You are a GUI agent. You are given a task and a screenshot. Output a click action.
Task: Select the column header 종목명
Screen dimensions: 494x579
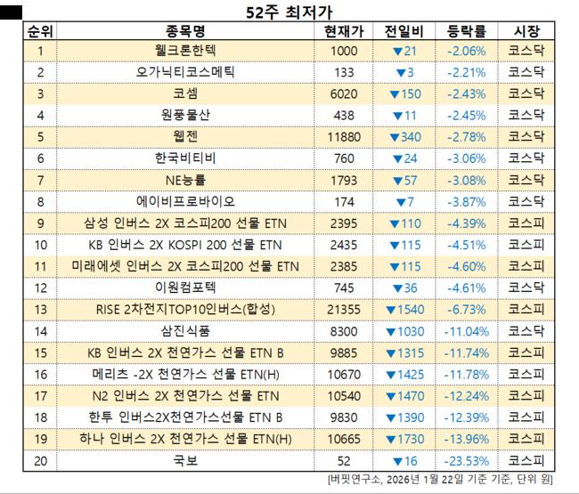[x=184, y=31]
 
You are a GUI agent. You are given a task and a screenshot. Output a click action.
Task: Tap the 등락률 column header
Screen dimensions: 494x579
[x=465, y=31]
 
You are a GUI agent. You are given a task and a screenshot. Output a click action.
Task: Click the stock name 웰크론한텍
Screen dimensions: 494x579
[x=184, y=51]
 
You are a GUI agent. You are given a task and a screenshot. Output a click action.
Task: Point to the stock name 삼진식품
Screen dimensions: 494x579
[x=184, y=330]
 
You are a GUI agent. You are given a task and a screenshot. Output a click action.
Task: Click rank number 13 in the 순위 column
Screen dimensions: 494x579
[x=40, y=309]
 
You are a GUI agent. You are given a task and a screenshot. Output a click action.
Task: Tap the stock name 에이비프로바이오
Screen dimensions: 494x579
[x=184, y=201]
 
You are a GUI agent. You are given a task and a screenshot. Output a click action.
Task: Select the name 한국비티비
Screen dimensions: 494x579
[x=184, y=158]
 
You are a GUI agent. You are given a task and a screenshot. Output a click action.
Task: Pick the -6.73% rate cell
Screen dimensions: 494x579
[x=466, y=309]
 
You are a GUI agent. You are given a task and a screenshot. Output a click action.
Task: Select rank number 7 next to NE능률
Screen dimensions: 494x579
[x=40, y=180]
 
